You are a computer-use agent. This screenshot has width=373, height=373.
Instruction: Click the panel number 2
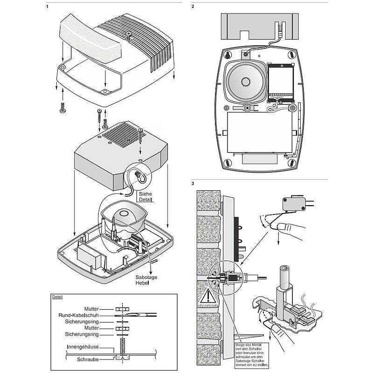pyautogui.click(x=193, y=7)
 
